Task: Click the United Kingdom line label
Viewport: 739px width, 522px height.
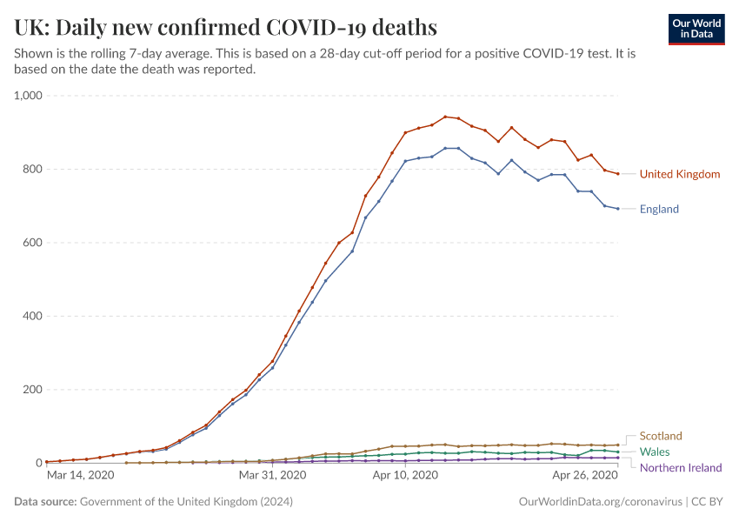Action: pos(680,174)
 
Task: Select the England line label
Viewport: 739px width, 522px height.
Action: pos(659,209)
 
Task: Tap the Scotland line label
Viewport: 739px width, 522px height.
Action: pos(661,436)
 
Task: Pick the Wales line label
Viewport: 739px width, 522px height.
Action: pos(655,452)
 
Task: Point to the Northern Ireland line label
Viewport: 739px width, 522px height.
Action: pos(681,467)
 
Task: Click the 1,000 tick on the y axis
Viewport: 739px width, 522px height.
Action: pos(27,96)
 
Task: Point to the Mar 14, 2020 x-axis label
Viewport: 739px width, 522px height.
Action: pos(80,476)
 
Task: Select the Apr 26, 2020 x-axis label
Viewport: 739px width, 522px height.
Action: pos(584,476)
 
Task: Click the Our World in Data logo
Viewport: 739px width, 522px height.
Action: pos(696,29)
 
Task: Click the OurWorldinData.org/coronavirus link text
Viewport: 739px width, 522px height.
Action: pos(600,502)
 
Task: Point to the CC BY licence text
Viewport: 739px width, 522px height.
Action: pos(708,502)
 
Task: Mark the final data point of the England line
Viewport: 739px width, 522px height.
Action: pos(617,209)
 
